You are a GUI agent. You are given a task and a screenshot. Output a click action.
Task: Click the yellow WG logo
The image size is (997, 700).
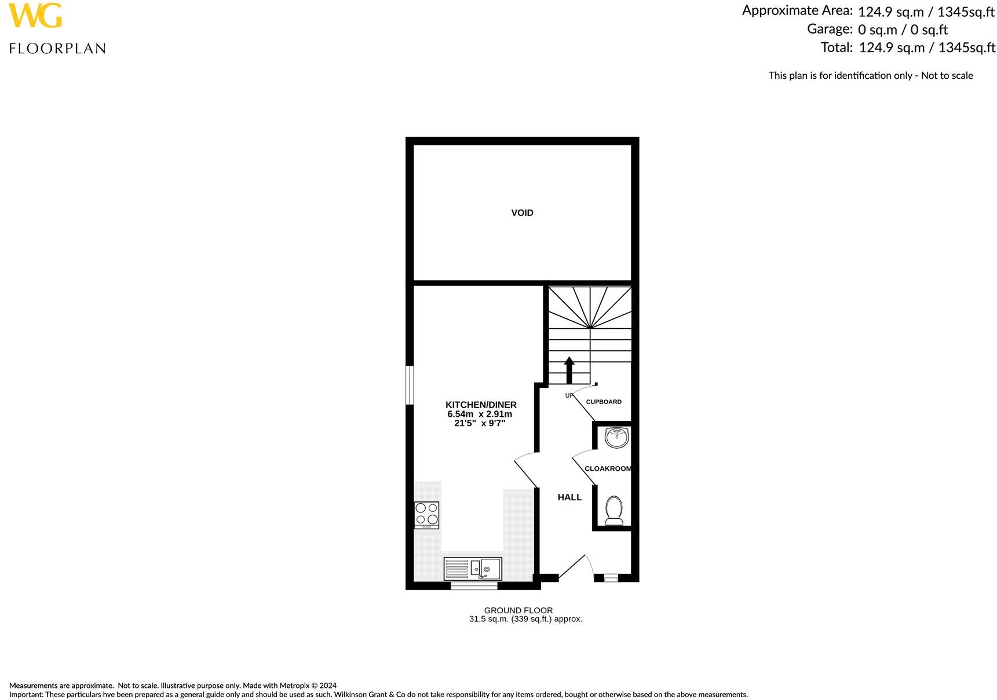35,16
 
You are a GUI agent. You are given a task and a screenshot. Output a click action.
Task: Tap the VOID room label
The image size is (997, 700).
522,213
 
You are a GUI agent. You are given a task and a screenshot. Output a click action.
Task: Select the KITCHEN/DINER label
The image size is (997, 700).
481,405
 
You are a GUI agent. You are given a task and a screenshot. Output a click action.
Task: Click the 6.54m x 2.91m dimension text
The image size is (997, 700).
480,415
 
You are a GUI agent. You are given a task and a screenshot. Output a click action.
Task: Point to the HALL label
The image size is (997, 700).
569,497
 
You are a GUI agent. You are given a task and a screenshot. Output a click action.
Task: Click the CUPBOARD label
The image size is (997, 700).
604,402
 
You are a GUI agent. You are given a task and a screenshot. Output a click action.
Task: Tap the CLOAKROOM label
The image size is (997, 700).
608,468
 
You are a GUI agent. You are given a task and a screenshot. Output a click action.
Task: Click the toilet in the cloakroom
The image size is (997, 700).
613,510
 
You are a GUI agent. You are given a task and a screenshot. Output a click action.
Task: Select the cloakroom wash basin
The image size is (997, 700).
616,437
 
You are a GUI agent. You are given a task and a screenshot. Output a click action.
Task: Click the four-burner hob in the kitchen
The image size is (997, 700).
427,515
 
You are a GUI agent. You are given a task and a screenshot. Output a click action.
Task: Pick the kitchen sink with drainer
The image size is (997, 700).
473,568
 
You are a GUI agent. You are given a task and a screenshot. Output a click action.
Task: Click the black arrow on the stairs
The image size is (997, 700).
569,369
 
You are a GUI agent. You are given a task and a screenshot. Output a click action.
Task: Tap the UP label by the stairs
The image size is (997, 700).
569,395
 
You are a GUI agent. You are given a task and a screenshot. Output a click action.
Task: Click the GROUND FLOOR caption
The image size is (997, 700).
518,610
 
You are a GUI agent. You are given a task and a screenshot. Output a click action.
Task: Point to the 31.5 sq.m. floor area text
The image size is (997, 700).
525,619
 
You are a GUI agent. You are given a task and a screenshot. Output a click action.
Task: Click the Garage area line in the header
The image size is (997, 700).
877,30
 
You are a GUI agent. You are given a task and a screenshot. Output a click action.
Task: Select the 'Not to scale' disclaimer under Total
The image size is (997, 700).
871,75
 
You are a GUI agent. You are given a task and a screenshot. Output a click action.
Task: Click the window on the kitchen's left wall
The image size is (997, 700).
410,384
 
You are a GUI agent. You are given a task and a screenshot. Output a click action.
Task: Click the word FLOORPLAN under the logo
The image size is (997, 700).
57,49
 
